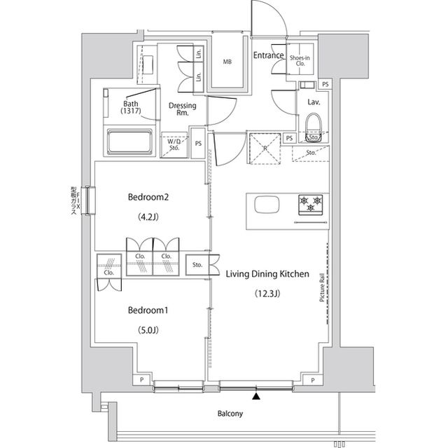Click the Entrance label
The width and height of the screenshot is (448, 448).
268,55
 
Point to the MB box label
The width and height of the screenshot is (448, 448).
227,62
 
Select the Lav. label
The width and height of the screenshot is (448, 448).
314,102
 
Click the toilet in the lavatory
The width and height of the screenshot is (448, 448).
313,130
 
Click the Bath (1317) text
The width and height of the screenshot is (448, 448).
130,107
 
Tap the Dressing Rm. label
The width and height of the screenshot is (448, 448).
182,109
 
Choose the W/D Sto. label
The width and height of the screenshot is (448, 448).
174,144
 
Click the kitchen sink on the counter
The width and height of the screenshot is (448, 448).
265,205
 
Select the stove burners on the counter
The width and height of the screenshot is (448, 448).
311,205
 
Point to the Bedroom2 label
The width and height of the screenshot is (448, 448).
149,197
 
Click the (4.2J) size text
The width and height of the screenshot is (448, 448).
148,217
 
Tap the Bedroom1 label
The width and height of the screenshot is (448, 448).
149,309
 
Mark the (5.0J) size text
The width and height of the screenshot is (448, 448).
149,330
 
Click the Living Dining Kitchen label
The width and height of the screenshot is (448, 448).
267,274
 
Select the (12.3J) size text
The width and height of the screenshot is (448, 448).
267,294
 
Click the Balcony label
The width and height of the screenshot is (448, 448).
229,414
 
